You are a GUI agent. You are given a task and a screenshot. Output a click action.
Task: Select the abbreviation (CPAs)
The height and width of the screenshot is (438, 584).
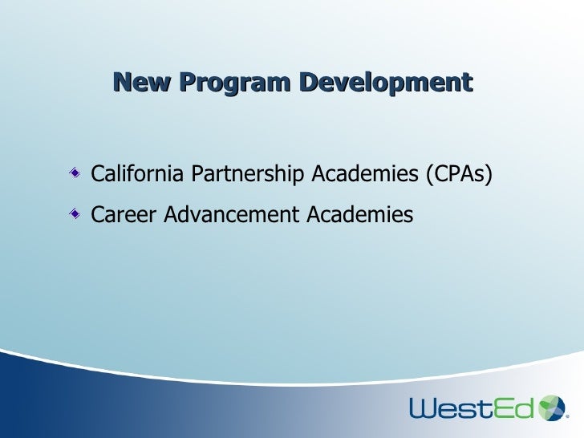click(x=458, y=174)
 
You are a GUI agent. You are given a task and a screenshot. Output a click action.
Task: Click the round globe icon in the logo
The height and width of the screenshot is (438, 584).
click(x=553, y=407)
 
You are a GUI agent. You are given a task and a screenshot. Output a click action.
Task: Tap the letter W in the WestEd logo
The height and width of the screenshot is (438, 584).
click(x=425, y=408)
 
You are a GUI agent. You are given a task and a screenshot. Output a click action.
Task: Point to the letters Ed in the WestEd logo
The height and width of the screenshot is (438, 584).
click(x=514, y=408)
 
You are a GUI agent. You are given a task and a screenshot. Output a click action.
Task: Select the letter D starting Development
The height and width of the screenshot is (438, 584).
click(x=309, y=82)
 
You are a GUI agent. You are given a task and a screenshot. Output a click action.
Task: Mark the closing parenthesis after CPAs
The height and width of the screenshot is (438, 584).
click(x=488, y=174)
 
